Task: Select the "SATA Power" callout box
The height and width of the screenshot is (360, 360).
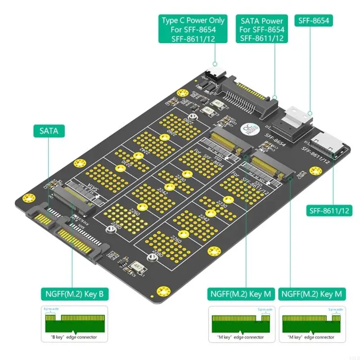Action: (262, 29)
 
